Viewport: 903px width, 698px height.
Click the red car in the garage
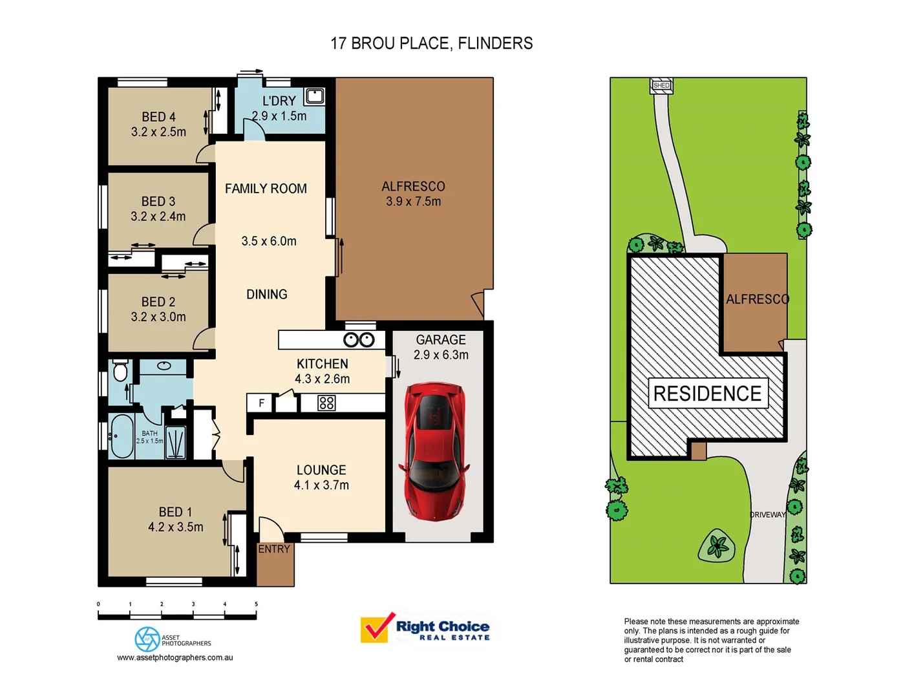click(x=435, y=450)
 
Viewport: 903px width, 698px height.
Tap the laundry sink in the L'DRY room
click(x=315, y=96)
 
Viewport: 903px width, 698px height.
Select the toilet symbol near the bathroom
click(x=120, y=372)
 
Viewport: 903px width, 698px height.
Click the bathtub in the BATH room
click(x=122, y=436)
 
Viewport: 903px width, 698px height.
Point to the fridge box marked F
click(x=260, y=403)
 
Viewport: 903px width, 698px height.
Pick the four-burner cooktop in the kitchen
click(x=326, y=403)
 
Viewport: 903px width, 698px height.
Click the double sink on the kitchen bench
click(x=359, y=340)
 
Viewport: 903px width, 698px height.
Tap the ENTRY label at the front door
click(x=274, y=549)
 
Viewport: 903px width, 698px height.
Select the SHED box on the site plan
click(x=661, y=85)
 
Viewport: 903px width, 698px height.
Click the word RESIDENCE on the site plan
click(x=707, y=393)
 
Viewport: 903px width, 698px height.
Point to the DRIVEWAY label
click(x=767, y=514)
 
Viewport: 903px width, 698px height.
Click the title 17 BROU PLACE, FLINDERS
click(x=431, y=43)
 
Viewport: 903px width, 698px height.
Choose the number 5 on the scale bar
click(x=256, y=604)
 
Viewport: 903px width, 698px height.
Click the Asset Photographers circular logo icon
click(x=147, y=639)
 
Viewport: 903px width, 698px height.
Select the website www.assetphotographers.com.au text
click(x=175, y=657)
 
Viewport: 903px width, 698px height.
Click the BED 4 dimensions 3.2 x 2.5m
click(x=158, y=132)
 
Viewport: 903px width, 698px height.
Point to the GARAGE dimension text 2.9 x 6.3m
click(x=441, y=355)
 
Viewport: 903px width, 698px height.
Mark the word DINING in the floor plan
click(x=266, y=294)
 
